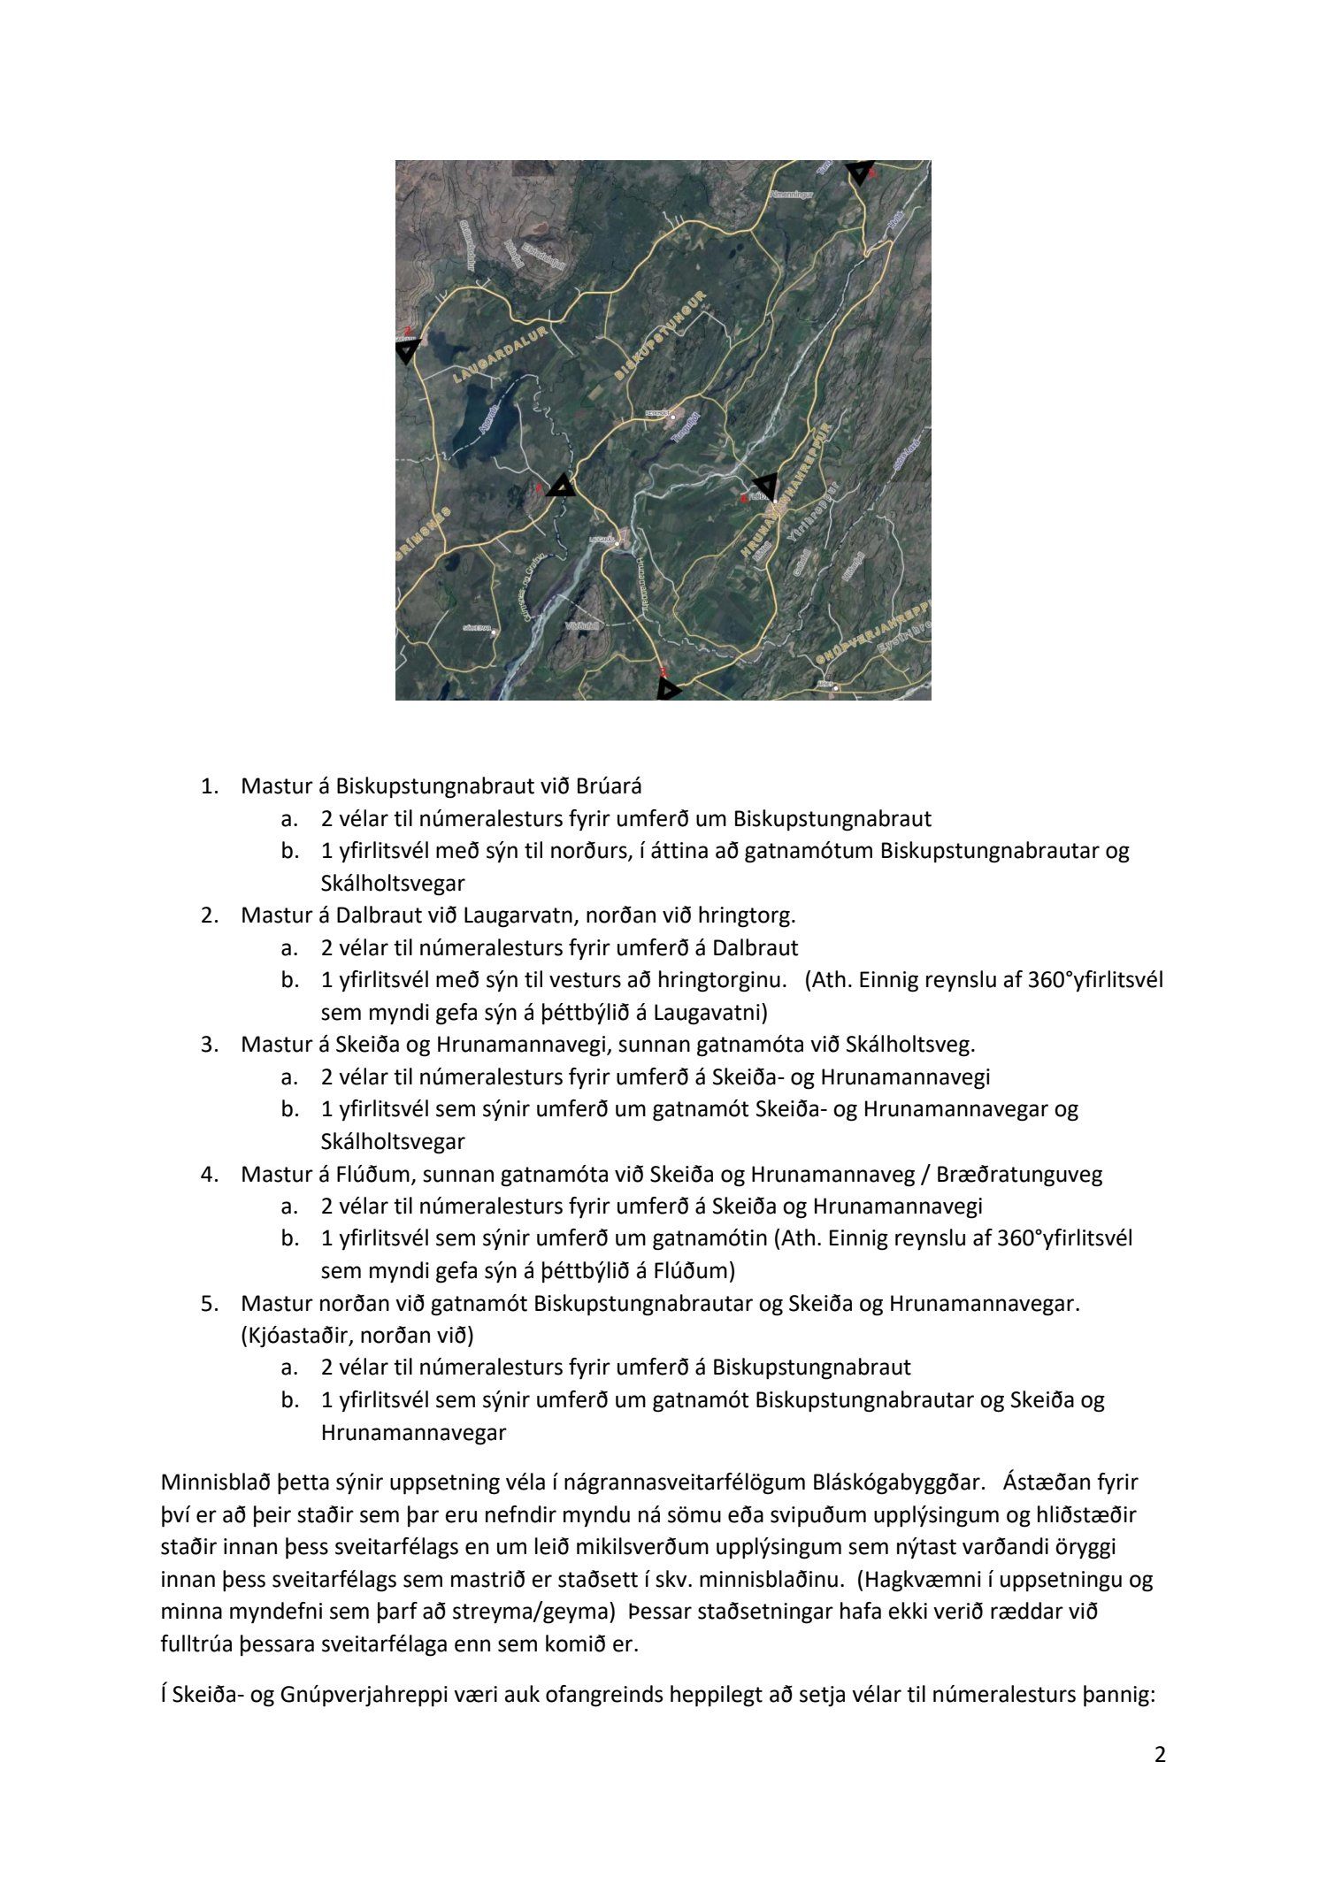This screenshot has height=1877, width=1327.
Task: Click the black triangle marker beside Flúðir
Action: coord(764,485)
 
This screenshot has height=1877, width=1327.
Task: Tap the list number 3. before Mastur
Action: coord(210,1045)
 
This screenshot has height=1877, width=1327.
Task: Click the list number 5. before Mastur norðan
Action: coord(210,1303)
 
